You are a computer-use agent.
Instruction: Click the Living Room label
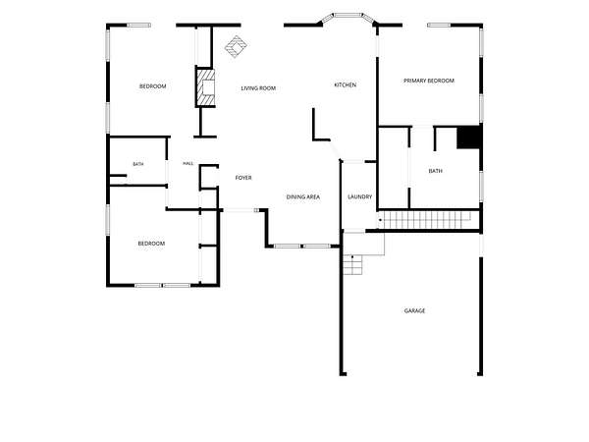pos(258,88)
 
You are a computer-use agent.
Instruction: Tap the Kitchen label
pos(346,84)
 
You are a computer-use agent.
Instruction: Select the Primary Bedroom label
pos(429,81)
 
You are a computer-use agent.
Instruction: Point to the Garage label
pos(414,310)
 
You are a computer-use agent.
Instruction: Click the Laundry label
pos(360,196)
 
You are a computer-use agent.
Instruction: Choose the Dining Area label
pos(303,197)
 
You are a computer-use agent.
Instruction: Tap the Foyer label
pos(243,178)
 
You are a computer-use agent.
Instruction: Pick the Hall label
pos(188,163)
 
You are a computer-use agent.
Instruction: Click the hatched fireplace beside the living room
pos(206,87)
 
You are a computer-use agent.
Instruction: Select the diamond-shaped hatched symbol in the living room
pos(236,46)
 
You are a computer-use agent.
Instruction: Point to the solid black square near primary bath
pos(468,138)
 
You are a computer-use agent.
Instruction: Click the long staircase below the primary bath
pos(425,220)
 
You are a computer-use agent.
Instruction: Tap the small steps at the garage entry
pos(352,264)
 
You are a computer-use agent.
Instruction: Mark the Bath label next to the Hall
pos(138,164)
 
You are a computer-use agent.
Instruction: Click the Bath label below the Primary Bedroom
pos(435,171)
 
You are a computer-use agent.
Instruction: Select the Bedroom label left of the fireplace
pos(153,86)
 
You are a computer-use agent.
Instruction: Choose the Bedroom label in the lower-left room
pos(151,244)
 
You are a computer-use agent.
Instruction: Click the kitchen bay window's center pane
pos(348,16)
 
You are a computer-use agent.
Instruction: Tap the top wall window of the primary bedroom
pos(439,26)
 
